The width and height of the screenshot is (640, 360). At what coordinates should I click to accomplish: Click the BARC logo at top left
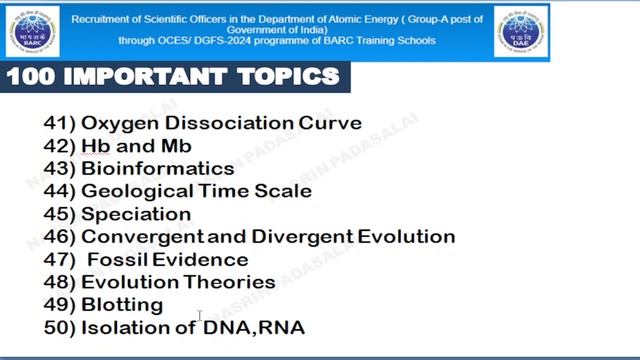click(32, 31)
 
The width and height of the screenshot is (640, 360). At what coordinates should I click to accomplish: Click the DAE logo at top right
click(521, 31)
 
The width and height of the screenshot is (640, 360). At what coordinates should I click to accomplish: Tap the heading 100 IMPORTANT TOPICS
click(172, 76)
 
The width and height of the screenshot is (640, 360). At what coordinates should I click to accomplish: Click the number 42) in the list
click(58, 147)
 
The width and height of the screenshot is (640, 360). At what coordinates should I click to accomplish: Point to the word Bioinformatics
click(158, 169)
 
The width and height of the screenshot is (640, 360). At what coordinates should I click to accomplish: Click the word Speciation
click(136, 214)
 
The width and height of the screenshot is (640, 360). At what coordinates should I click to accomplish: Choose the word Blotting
click(122, 304)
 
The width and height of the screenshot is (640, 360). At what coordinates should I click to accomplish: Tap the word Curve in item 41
click(330, 124)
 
